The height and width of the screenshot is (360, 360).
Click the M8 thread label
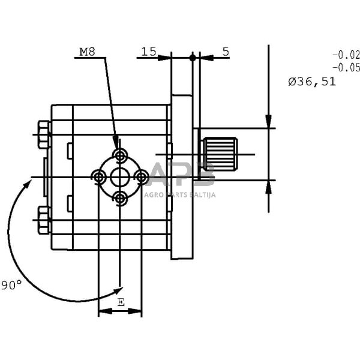[87, 52]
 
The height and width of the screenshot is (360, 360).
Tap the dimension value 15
[149, 52]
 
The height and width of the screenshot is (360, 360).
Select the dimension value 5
[226, 52]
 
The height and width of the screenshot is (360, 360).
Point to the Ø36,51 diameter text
[312, 82]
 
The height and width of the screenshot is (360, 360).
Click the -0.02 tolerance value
[346, 55]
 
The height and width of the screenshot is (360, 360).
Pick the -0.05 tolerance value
[346, 67]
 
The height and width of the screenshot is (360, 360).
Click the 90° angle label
[11, 285]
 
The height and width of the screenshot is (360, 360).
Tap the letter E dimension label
[121, 302]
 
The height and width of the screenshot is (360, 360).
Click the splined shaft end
[220, 154]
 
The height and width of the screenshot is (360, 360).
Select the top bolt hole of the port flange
[119, 155]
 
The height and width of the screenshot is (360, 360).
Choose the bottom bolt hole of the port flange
[120, 199]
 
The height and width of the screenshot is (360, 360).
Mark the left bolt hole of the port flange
[98, 177]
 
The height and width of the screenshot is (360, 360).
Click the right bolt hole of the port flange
[141, 177]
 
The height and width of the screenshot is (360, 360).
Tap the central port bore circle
[120, 177]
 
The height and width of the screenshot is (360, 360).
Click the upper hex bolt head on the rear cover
[44, 134]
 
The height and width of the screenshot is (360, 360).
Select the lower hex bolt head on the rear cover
[44, 220]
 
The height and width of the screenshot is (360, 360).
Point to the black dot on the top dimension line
[193, 58]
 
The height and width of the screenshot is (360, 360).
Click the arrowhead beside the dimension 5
[207, 58]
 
